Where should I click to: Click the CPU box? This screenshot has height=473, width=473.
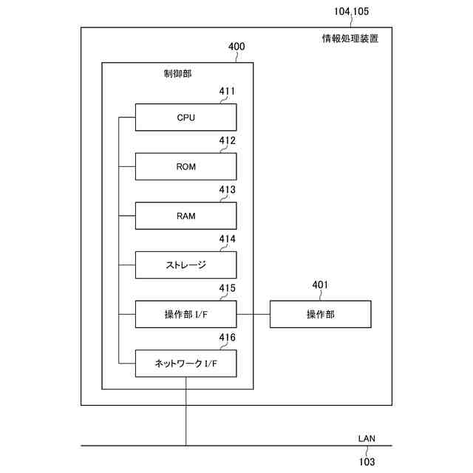pyautogui.click(x=186, y=118)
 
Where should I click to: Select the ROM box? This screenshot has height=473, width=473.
pyautogui.click(x=186, y=166)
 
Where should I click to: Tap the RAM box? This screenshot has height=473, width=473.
pyautogui.click(x=186, y=216)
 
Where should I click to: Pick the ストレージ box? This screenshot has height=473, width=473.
pyautogui.click(x=186, y=265)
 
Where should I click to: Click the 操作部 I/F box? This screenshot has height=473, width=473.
pyautogui.click(x=186, y=314)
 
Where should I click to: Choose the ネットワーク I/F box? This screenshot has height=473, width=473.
pyautogui.click(x=186, y=363)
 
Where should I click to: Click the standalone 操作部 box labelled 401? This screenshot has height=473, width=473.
pyautogui.click(x=320, y=314)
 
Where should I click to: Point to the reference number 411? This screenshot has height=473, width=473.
pyautogui.click(x=227, y=92)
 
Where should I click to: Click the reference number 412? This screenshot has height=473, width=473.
pyautogui.click(x=227, y=140)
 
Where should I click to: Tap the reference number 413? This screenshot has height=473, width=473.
pyautogui.click(x=227, y=190)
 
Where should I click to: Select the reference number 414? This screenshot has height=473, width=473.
pyautogui.click(x=227, y=239)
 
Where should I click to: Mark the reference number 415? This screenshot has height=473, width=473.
pyautogui.click(x=227, y=288)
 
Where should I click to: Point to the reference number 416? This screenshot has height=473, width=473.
pyautogui.click(x=227, y=338)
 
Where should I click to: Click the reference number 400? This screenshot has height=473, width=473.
pyautogui.click(x=236, y=47)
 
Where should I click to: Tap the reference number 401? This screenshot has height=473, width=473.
pyautogui.click(x=320, y=285)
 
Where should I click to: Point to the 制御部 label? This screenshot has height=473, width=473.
pyautogui.click(x=177, y=74)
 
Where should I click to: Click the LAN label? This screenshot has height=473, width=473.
pyautogui.click(x=367, y=438)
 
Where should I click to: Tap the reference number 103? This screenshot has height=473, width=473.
pyautogui.click(x=367, y=462)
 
